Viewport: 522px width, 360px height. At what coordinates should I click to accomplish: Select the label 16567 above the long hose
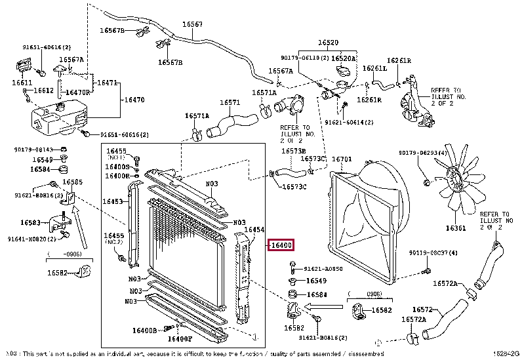click(192, 24)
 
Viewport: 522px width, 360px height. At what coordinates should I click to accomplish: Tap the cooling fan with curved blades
click(456, 178)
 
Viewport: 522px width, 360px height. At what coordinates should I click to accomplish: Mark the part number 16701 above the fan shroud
click(342, 159)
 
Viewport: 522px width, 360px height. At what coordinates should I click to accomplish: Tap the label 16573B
click(293, 151)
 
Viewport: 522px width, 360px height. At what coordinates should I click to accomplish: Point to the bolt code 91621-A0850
click(323, 269)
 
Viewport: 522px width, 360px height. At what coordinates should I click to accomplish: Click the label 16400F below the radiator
click(180, 338)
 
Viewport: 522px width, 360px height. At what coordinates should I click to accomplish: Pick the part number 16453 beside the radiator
click(113, 202)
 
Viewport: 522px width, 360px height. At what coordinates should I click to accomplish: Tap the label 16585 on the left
click(72, 182)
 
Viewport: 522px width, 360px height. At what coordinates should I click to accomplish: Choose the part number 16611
click(21, 83)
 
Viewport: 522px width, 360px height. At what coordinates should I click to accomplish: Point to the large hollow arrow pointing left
click(325, 306)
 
